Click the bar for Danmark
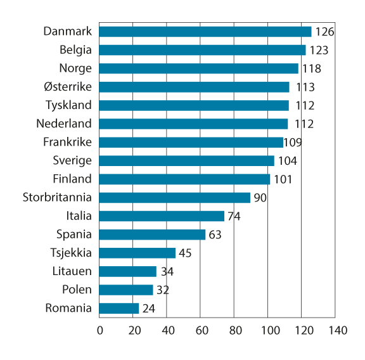point(205,32)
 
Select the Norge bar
point(199,68)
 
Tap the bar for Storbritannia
point(175,198)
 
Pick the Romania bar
point(119,309)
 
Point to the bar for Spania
point(153,235)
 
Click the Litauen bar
point(128,271)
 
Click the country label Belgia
point(75,50)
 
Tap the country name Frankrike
point(67,142)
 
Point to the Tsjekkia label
point(70,253)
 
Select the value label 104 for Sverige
point(287,161)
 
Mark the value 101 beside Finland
point(283,179)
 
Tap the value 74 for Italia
point(234,216)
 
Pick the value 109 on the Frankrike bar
point(293,143)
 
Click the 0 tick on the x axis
point(100,331)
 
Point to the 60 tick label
point(200,331)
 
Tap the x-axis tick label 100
point(268,331)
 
